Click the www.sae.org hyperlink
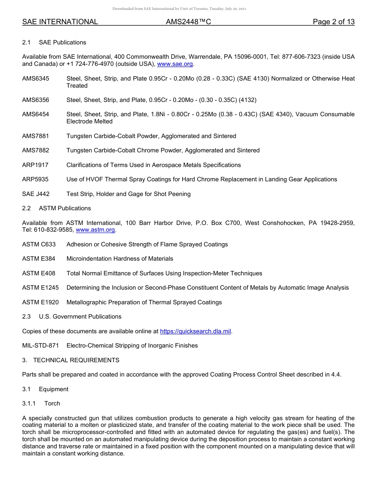[x=175, y=64]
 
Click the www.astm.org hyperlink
[x=95, y=230]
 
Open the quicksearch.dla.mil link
[x=195, y=331]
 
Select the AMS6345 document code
[x=36, y=79]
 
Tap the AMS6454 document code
[x=36, y=114]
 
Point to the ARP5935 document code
[x=35, y=179]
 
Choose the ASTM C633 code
[x=39, y=244]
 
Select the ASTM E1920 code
[x=40, y=302]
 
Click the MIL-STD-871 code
[x=40, y=346]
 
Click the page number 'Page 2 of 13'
[x=333, y=22]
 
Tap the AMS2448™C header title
[x=188, y=22]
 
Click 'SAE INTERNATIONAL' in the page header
[x=60, y=22]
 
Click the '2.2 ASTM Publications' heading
[x=56, y=208]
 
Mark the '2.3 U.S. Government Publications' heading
[x=72, y=317]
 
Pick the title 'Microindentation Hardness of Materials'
[x=120, y=259]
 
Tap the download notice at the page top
[x=179, y=8]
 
